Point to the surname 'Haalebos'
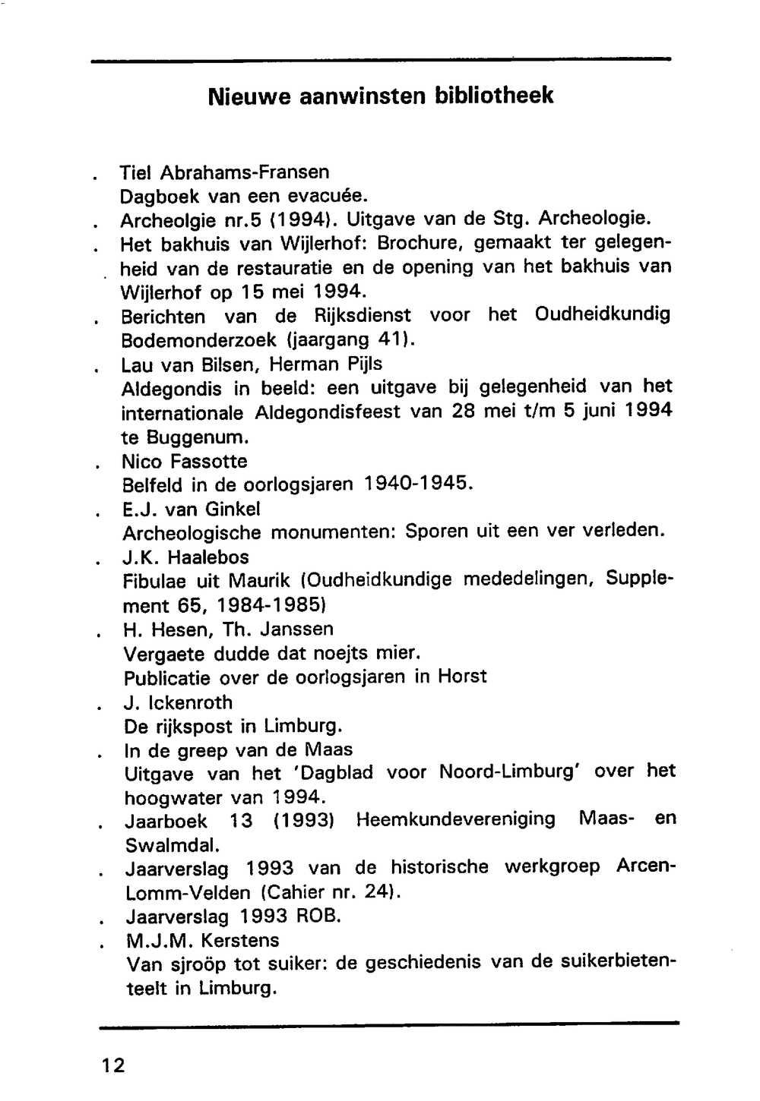207,557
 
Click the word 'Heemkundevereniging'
455,820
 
